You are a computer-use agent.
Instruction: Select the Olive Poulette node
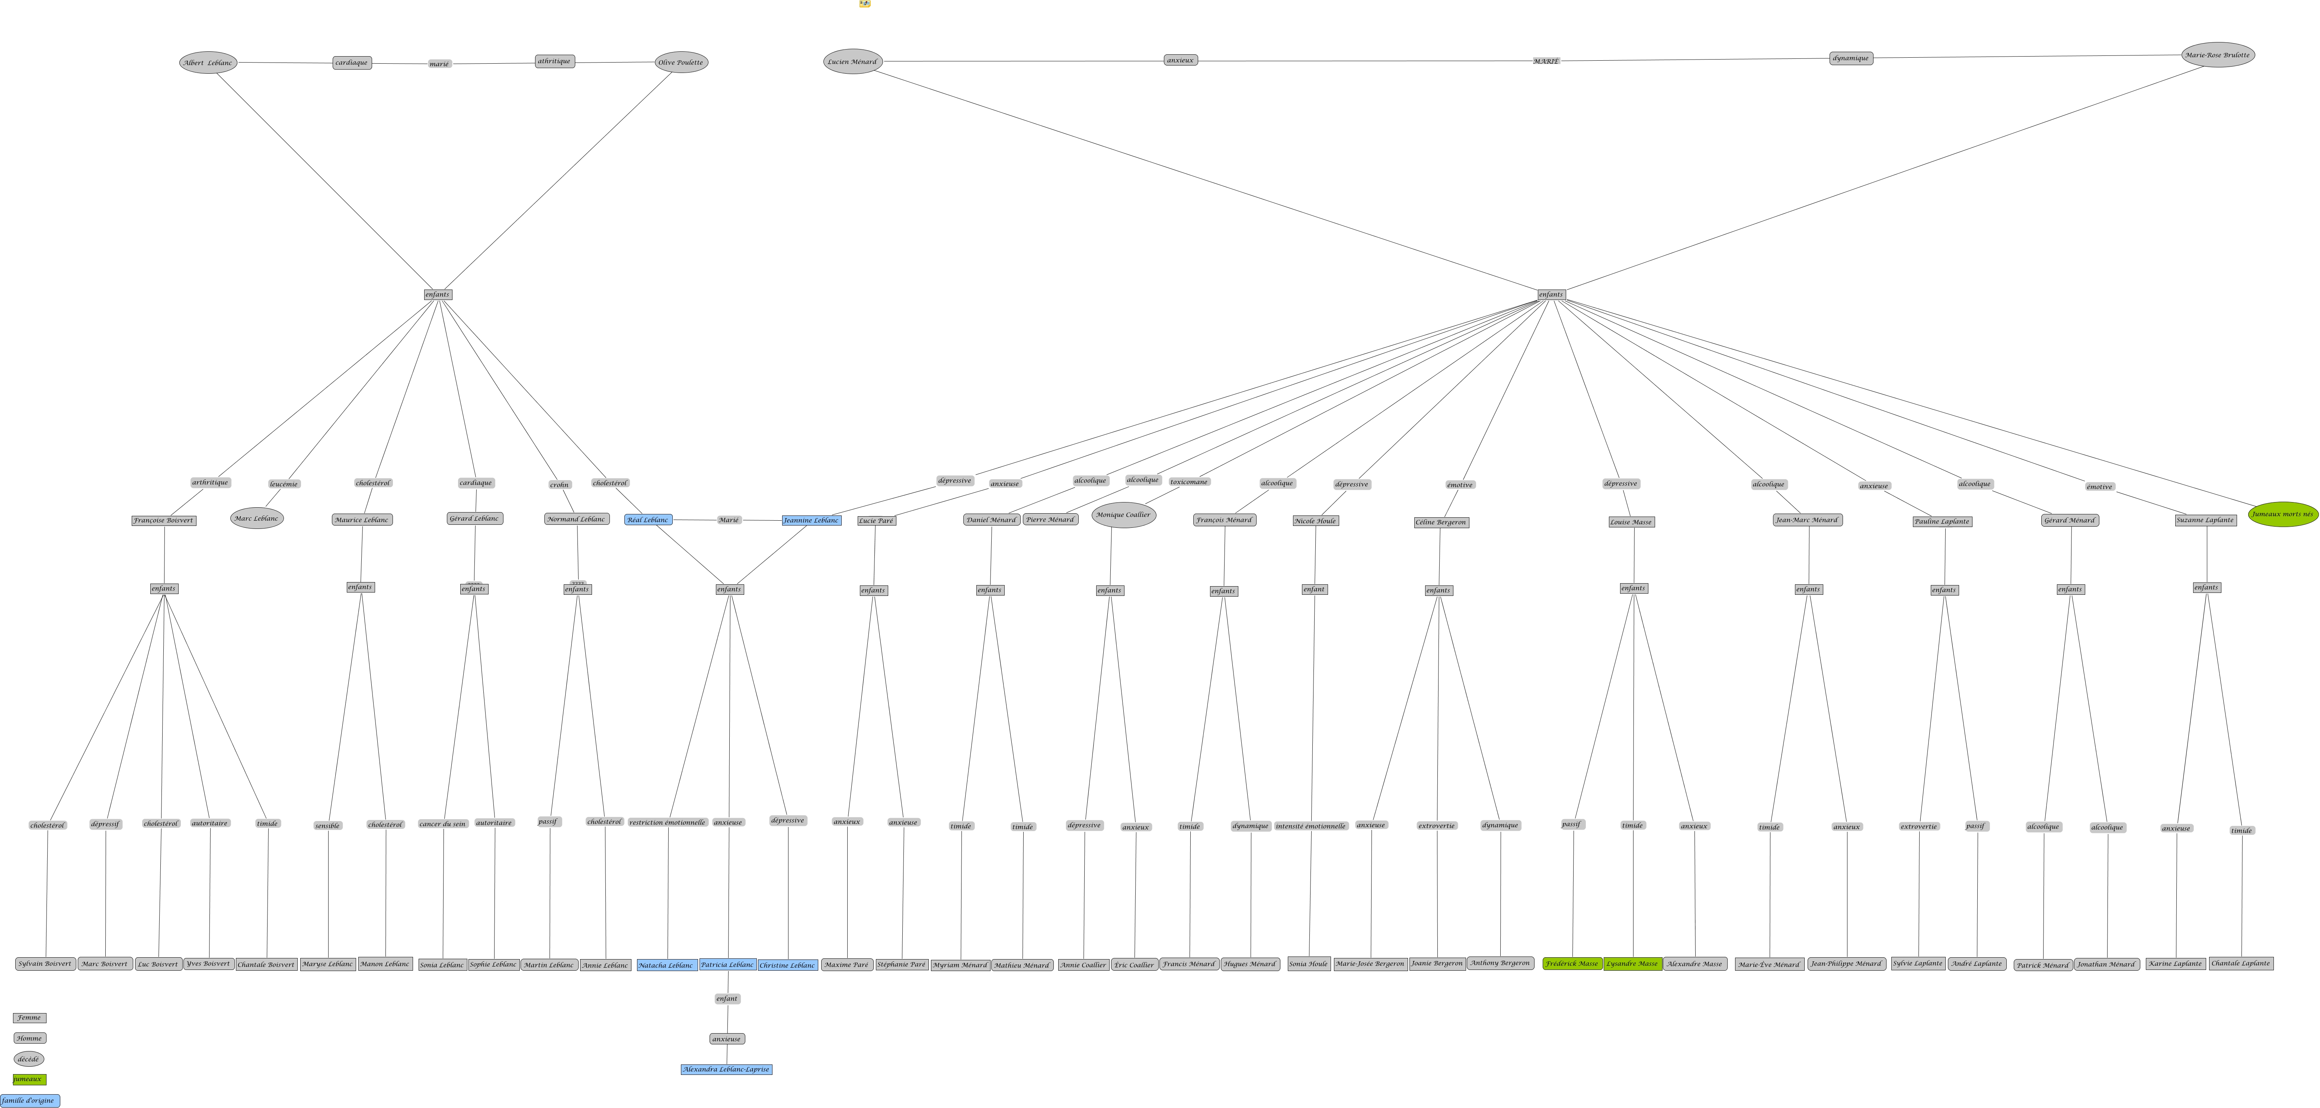(x=681, y=62)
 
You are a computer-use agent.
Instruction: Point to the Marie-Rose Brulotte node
(x=2217, y=55)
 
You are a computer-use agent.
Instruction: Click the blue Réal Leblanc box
(x=649, y=520)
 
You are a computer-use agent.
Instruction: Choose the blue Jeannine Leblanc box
(x=812, y=521)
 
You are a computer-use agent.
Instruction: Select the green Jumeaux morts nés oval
(x=2282, y=514)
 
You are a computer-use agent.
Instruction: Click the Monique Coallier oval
(x=1123, y=515)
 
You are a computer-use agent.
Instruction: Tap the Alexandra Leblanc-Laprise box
(x=726, y=1069)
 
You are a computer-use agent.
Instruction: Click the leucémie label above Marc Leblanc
(x=284, y=484)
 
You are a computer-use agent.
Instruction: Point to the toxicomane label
(x=1189, y=482)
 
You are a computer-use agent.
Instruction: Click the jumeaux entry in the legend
(x=29, y=1079)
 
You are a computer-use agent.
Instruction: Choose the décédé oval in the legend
(x=29, y=1059)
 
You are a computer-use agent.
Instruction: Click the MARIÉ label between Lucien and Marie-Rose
(x=1545, y=60)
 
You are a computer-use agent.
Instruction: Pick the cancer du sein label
(x=443, y=823)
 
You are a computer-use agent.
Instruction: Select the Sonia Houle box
(x=1309, y=964)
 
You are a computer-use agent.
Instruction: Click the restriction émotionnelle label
(x=668, y=823)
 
